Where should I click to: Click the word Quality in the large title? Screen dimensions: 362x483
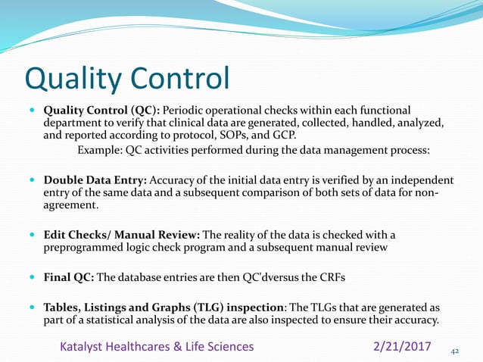point(71,78)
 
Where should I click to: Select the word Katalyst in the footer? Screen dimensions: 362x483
point(82,346)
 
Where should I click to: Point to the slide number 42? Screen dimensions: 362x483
point(455,351)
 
